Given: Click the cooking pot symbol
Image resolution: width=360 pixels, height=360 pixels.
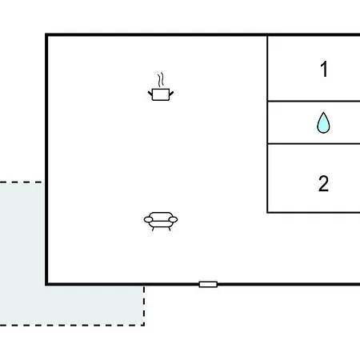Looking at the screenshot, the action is coord(161,94).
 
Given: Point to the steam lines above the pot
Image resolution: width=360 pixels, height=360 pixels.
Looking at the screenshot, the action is coord(160,80).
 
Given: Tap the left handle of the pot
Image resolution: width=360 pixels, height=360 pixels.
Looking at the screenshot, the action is coord(150,94).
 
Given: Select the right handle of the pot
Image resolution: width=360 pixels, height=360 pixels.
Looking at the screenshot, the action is coord(171,94).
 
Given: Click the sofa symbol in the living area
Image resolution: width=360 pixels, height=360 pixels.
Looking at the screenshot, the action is coord(161,222).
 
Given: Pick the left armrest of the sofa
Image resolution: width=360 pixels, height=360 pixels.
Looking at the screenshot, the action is coord(148,219).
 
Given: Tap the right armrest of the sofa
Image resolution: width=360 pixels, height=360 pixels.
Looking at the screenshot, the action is coord(173,219).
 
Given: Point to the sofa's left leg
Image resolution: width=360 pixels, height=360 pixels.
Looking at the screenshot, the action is coord(153,229).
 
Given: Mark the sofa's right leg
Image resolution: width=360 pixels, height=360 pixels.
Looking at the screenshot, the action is coord(169,229).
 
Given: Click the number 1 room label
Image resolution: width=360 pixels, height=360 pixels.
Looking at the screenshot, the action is coord(324,69).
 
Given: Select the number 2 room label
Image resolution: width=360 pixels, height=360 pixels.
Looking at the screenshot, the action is coord(323,183).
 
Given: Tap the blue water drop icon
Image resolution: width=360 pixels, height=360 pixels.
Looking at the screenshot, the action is coord(323,122).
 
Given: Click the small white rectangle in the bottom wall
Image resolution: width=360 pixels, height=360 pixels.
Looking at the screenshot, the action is coord(208,284).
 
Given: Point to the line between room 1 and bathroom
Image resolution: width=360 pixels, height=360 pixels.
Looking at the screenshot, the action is coord(314,101).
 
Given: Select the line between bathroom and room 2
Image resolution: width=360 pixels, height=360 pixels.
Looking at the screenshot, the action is coord(314,144).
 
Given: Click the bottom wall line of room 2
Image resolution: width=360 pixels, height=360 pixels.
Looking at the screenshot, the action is coord(314,213).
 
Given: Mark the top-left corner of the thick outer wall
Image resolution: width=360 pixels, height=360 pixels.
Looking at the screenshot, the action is coord(46,34).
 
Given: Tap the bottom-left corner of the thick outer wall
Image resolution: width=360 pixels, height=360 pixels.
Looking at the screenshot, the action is coord(46,284).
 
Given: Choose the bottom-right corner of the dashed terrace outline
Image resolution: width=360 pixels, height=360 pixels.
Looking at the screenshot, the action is coord(144,325).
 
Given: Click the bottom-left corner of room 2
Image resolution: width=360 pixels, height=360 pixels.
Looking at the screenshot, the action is coord(267,213).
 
